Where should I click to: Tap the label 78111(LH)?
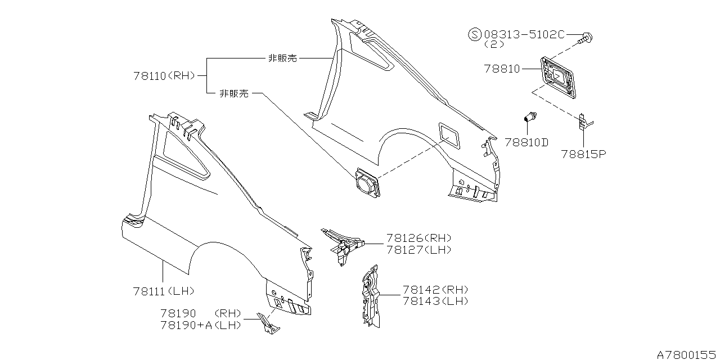164,291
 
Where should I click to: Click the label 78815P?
583,153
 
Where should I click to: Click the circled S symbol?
475,34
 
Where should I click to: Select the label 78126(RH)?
418,238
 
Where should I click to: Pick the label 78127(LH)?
418,249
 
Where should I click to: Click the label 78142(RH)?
435,290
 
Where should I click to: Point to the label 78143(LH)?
435,301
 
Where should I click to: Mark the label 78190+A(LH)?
200,325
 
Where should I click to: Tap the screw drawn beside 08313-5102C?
586,38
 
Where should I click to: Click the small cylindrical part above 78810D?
529,118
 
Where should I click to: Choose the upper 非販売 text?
282,58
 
